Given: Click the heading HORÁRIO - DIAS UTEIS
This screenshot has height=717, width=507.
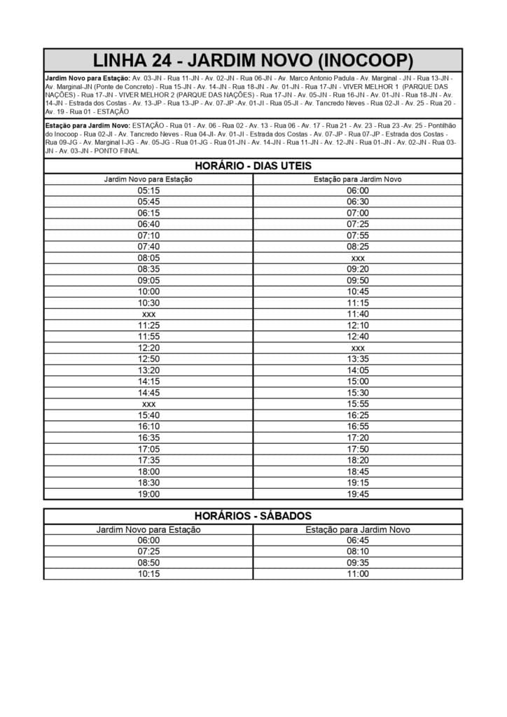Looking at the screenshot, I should click(x=253, y=166).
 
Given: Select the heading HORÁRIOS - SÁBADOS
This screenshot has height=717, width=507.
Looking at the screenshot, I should click(x=253, y=516).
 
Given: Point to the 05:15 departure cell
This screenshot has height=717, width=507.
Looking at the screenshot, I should click(x=148, y=190).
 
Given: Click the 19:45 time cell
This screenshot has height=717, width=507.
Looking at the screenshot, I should click(x=357, y=494).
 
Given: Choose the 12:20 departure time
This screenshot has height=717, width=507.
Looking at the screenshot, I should click(x=148, y=348).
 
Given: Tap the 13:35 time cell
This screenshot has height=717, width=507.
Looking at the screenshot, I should click(x=357, y=359).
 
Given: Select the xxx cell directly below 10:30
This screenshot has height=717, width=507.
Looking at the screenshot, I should click(x=148, y=314).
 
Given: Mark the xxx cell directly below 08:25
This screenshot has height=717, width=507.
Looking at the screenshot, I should click(x=357, y=258).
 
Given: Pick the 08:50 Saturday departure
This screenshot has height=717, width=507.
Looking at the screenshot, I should click(x=148, y=563).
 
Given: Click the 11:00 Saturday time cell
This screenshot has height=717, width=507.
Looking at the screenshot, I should click(x=357, y=574).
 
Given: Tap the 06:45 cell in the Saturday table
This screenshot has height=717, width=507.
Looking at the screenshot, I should click(x=357, y=541).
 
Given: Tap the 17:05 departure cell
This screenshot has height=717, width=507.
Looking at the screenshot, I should click(x=148, y=449).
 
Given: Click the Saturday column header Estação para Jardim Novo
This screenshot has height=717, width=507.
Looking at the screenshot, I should click(x=357, y=529).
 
